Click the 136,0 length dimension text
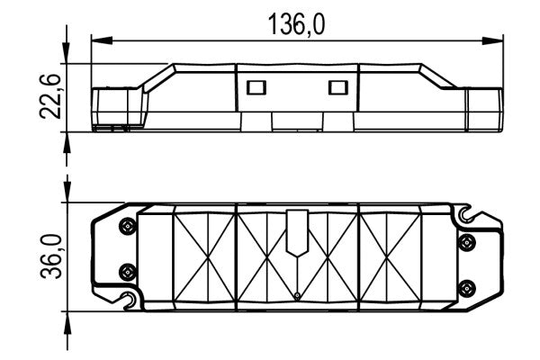pyautogui.click(x=296, y=24)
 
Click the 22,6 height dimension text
pyautogui.click(x=50, y=96)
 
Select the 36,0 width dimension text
pyautogui.click(x=50, y=256)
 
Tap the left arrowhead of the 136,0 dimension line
pyautogui.click(x=102, y=40)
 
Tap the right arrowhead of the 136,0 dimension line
pyautogui.click(x=492, y=40)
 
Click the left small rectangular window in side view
pyautogui.click(x=256, y=87)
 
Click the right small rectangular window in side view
pyautogui.click(x=337, y=87)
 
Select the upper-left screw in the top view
pyautogui.click(x=128, y=226)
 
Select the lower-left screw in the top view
pyautogui.click(x=128, y=272)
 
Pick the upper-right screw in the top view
pyautogui.click(x=467, y=242)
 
